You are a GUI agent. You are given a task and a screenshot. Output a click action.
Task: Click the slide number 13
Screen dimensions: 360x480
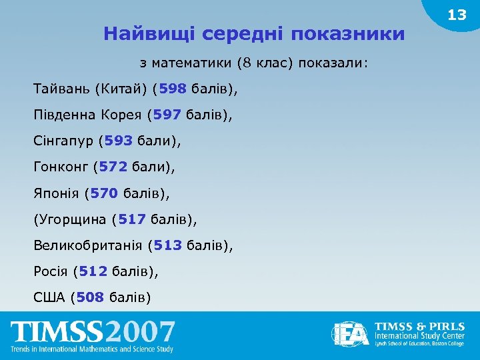click(x=457, y=15)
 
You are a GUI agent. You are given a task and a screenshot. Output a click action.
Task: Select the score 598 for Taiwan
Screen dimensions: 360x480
click(x=173, y=89)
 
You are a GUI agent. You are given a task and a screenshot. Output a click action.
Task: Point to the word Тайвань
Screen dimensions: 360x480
click(x=61, y=89)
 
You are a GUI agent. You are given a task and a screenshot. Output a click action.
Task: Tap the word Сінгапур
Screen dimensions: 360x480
click(x=63, y=141)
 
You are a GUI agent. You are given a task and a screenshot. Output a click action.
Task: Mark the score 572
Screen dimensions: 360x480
click(x=113, y=167)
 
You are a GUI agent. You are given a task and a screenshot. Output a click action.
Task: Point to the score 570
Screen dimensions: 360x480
click(x=104, y=193)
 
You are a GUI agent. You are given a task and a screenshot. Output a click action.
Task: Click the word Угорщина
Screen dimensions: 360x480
click(x=75, y=219)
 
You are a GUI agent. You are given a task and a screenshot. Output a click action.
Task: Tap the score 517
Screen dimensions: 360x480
click(x=132, y=219)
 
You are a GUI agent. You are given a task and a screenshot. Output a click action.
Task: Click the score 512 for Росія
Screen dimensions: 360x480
click(x=93, y=271)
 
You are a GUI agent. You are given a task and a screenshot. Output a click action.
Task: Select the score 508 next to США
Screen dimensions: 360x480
click(x=90, y=297)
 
